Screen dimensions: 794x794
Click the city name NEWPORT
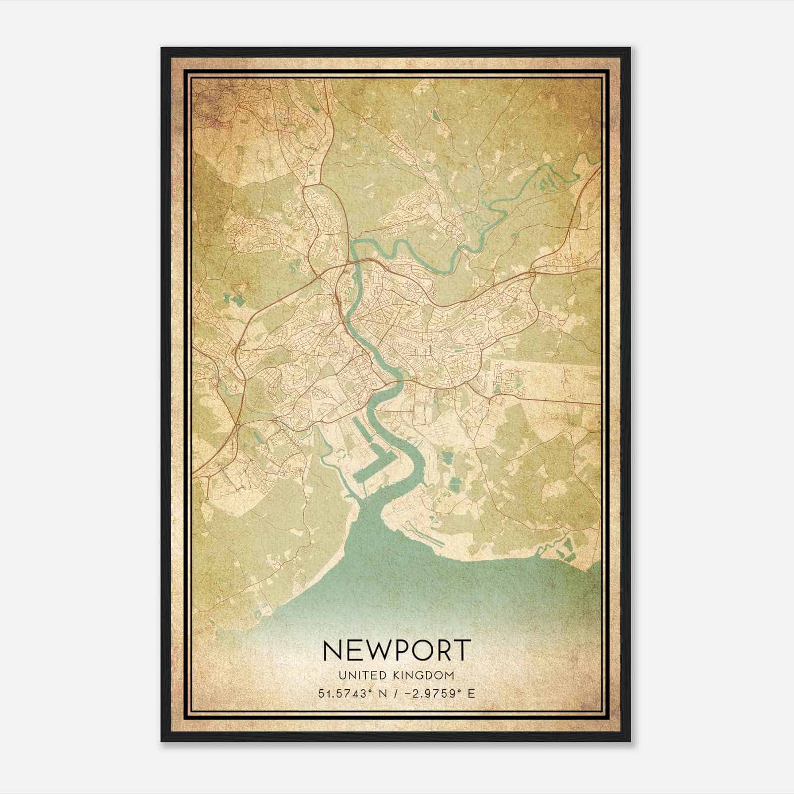click(x=397, y=650)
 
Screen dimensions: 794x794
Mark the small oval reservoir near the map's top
click(x=435, y=115)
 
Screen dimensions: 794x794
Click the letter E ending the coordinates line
click(x=472, y=693)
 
